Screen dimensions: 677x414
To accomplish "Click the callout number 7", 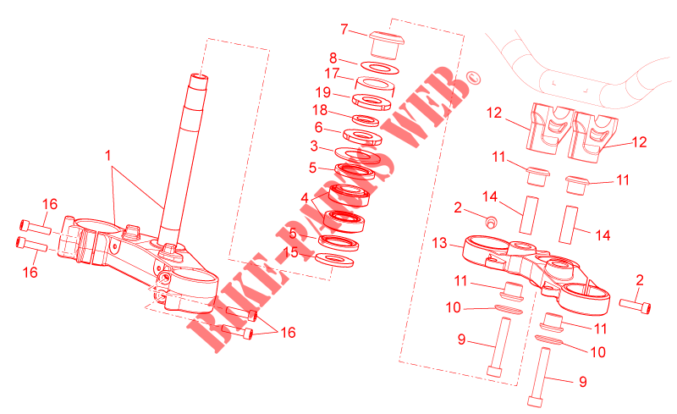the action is pyautogui.click(x=344, y=29).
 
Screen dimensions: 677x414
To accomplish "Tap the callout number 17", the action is pyautogui.click(x=332, y=73).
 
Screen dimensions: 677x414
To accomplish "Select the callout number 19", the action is pyautogui.click(x=323, y=92).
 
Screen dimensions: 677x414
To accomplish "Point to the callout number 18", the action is pyautogui.click(x=320, y=110).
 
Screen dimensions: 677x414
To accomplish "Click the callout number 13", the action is pyautogui.click(x=439, y=243).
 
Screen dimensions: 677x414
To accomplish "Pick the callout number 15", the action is pyautogui.click(x=290, y=252).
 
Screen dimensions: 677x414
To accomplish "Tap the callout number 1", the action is pyautogui.click(x=108, y=155).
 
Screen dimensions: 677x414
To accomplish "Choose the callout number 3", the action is pyautogui.click(x=314, y=146).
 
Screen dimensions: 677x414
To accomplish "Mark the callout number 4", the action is pyautogui.click(x=305, y=198).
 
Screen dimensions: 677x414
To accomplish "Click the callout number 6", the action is pyautogui.click(x=319, y=127).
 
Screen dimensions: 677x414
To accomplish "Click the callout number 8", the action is pyautogui.click(x=333, y=58).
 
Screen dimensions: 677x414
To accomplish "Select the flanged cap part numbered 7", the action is pyautogui.click(x=386, y=45).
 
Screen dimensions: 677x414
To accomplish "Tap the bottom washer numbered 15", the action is pyautogui.click(x=334, y=260).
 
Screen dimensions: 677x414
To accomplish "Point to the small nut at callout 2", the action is pyautogui.click(x=490, y=222).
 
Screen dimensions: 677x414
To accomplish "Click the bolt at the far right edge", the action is pyautogui.click(x=635, y=306).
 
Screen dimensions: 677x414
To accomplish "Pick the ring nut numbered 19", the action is pyautogui.click(x=372, y=102).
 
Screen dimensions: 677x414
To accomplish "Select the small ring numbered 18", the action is pyautogui.click(x=366, y=120).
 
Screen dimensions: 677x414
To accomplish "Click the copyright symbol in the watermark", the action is pyautogui.click(x=473, y=78).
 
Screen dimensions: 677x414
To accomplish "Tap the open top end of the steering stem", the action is pyautogui.click(x=200, y=78).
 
